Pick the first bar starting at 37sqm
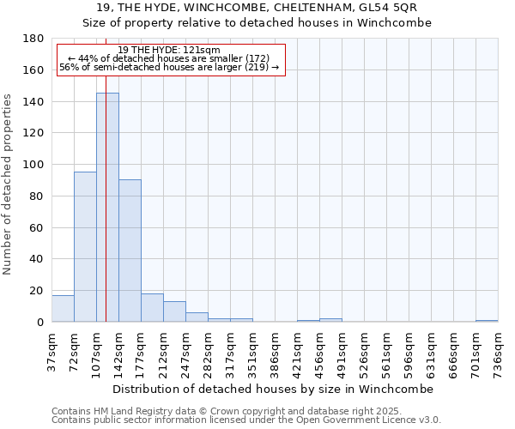click(63, 309)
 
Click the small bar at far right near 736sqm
click(487, 321)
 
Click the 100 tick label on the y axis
click(33, 165)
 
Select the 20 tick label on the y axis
click(37, 291)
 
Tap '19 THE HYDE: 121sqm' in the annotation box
click(169, 51)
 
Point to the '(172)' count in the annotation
click(257, 58)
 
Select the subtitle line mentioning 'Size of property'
click(257, 23)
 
